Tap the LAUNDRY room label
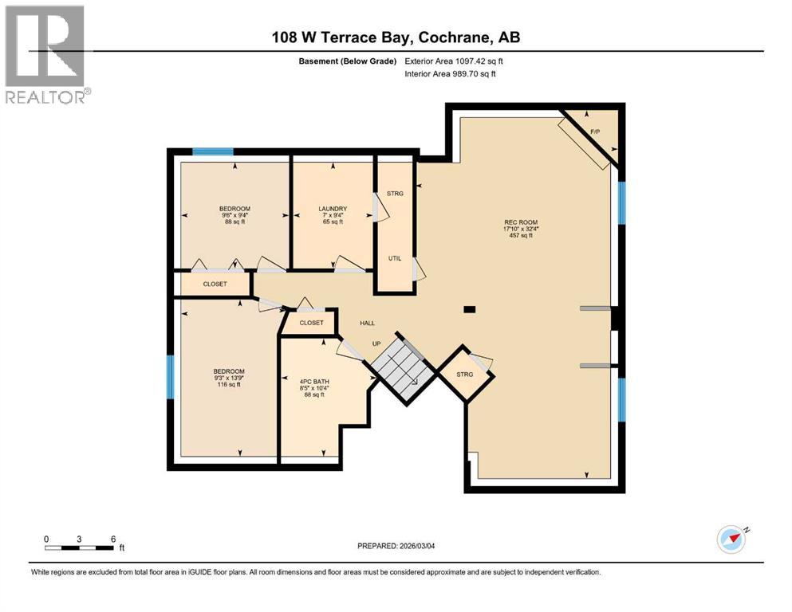coord(331,209)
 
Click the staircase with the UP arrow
coord(402,368)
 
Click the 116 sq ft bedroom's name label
coord(228,371)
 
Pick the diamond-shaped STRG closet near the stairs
coord(465,374)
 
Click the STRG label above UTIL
coord(395,193)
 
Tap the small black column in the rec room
coord(470,309)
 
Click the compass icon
coord(731,539)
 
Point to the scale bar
coord(80,547)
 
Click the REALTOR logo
coord(45,55)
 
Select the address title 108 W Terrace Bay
coord(396,37)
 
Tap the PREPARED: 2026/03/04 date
coord(396,546)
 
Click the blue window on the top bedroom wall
coord(213,151)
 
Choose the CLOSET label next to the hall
coord(311,323)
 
